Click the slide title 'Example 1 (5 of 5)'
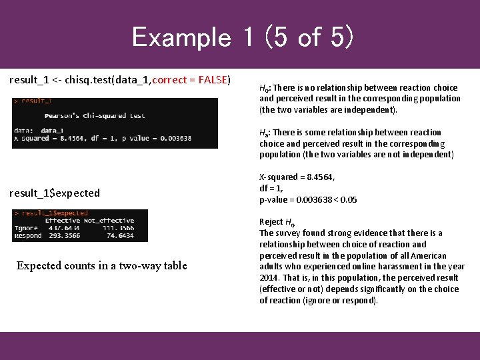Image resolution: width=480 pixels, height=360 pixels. (242, 37)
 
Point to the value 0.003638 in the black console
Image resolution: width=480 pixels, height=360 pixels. (173, 139)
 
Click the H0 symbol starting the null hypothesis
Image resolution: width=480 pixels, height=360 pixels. (264, 88)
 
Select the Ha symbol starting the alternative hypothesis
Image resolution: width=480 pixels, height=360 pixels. (264, 133)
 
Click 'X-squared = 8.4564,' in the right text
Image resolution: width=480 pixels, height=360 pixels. (297, 177)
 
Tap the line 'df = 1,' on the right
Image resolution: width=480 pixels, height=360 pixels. (271, 189)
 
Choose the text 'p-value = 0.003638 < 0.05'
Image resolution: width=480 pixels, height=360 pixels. (308, 200)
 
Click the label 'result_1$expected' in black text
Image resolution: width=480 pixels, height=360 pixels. (55, 193)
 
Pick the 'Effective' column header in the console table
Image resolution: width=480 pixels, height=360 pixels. (63, 220)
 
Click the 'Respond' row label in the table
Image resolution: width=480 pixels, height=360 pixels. (27, 235)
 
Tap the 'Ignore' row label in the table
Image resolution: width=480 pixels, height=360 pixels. (26, 227)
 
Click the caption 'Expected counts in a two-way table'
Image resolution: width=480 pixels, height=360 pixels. (101, 266)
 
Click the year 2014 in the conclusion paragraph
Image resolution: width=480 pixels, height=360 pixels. (270, 278)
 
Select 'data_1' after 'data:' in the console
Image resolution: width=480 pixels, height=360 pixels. (52, 131)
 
